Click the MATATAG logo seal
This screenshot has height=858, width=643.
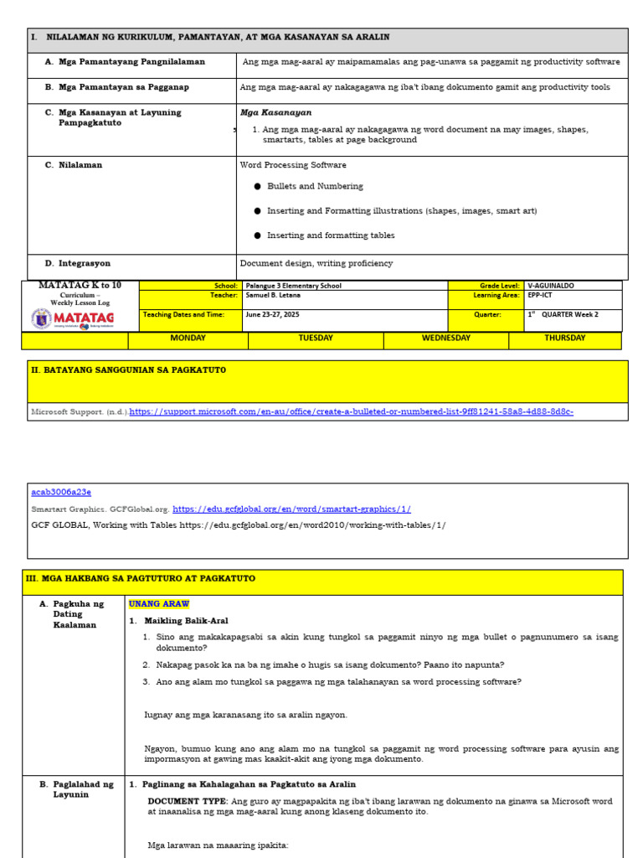tap(41, 319)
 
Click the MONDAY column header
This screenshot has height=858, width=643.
tap(188, 339)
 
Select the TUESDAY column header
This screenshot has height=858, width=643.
tap(316, 339)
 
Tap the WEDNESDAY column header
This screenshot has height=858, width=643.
tap(445, 339)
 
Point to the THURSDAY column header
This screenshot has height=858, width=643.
tap(565, 339)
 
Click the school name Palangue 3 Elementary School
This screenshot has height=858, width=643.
tap(293, 286)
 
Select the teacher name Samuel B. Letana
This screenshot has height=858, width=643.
tap(272, 296)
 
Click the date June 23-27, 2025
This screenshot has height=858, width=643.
tap(271, 315)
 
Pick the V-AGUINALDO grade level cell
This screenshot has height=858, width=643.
tap(551, 286)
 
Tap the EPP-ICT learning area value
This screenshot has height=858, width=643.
tap(541, 296)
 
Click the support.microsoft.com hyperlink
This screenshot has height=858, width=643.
tap(352, 412)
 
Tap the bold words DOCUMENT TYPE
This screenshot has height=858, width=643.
tap(187, 801)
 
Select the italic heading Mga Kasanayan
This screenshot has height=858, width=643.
tap(275, 112)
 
